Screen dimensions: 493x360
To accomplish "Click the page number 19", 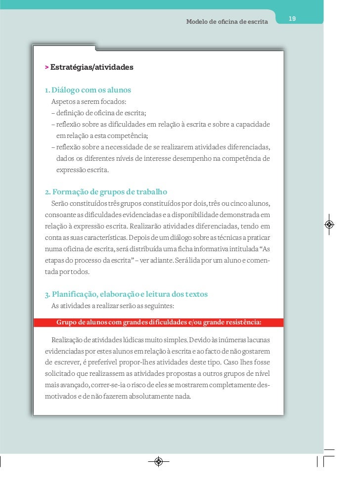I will point(292,19).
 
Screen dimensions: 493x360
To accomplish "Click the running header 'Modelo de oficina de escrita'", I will point(226,22).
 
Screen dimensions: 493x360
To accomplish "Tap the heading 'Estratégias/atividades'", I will point(91,66).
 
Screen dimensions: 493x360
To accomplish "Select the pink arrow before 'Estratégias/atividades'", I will point(46,66).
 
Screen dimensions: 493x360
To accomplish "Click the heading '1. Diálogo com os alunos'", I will point(88,90).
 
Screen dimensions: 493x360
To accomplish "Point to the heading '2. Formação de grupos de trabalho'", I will point(106,191).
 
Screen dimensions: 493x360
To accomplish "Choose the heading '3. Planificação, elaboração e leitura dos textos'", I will point(126,294).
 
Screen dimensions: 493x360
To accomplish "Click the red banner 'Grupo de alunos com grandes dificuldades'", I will point(159,323).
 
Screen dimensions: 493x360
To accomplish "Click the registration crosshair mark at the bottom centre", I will point(158,461).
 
